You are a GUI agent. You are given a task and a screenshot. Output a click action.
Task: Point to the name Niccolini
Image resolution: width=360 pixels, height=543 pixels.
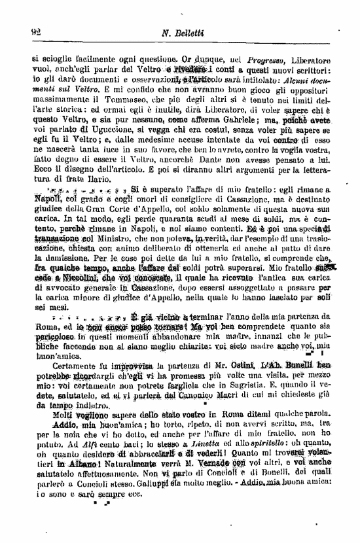72,277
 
